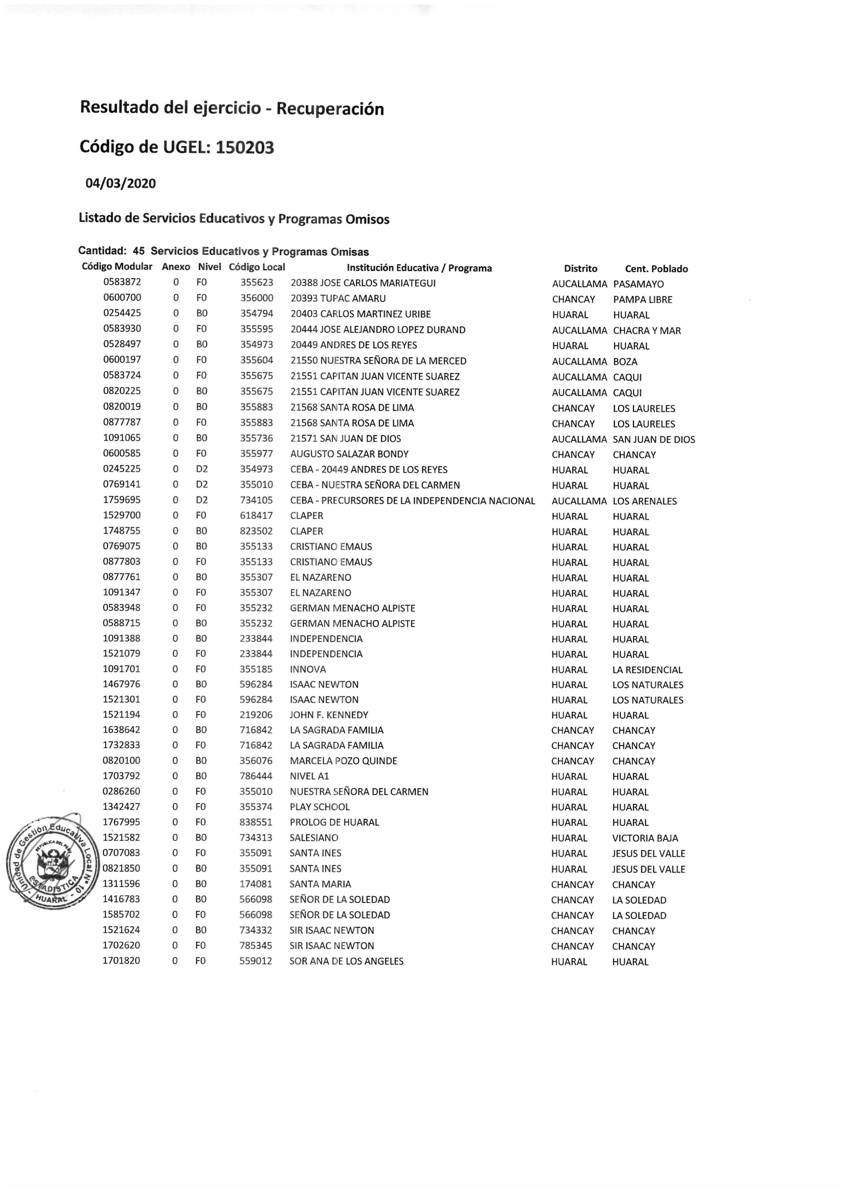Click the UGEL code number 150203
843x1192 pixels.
245,147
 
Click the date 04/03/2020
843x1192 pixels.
121,183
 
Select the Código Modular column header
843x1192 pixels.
117,267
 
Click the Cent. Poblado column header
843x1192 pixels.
656,269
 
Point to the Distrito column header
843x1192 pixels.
580,269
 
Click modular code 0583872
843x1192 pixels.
122,282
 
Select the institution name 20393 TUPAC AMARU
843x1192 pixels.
338,299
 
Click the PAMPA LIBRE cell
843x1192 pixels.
642,300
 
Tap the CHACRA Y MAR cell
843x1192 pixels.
647,331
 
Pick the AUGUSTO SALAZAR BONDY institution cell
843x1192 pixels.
349,454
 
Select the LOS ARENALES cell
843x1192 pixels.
644,502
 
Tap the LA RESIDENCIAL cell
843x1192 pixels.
647,670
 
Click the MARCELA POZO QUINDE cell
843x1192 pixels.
343,761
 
